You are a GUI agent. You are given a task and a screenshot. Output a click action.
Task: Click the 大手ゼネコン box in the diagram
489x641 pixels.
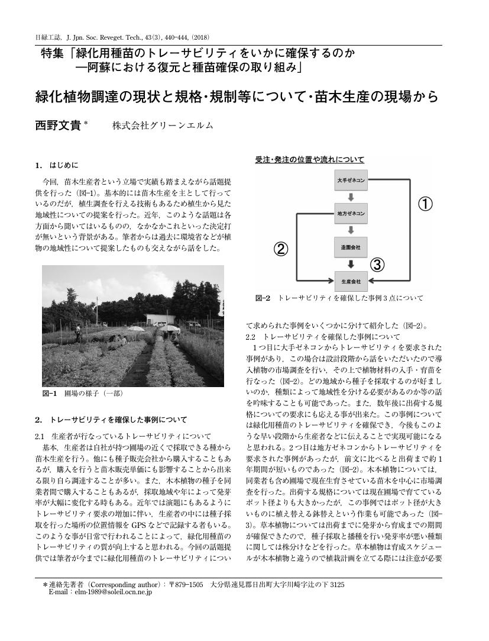tap(351, 179)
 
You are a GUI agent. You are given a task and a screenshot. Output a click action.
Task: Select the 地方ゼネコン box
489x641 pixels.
tap(351, 212)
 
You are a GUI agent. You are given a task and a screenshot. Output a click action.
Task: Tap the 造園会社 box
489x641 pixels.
tap(351, 246)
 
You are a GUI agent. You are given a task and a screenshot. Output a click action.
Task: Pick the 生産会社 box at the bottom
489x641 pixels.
tap(351, 279)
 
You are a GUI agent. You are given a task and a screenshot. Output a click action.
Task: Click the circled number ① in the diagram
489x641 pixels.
tap(426, 204)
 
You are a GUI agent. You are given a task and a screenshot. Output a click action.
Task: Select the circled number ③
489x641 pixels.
tap(378, 263)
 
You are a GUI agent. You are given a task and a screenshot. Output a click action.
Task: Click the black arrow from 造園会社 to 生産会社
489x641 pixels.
tap(351, 263)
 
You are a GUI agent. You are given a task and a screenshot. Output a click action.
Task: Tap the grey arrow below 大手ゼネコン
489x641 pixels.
tap(351, 196)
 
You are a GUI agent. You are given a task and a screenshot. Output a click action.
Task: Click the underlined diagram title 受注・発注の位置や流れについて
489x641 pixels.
tap(309, 159)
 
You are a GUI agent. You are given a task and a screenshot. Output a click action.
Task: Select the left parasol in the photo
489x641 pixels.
tap(135, 329)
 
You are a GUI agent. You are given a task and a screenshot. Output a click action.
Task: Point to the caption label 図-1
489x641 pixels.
tap(49, 392)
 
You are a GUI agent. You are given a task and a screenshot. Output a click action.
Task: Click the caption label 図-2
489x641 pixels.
tap(263, 298)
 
